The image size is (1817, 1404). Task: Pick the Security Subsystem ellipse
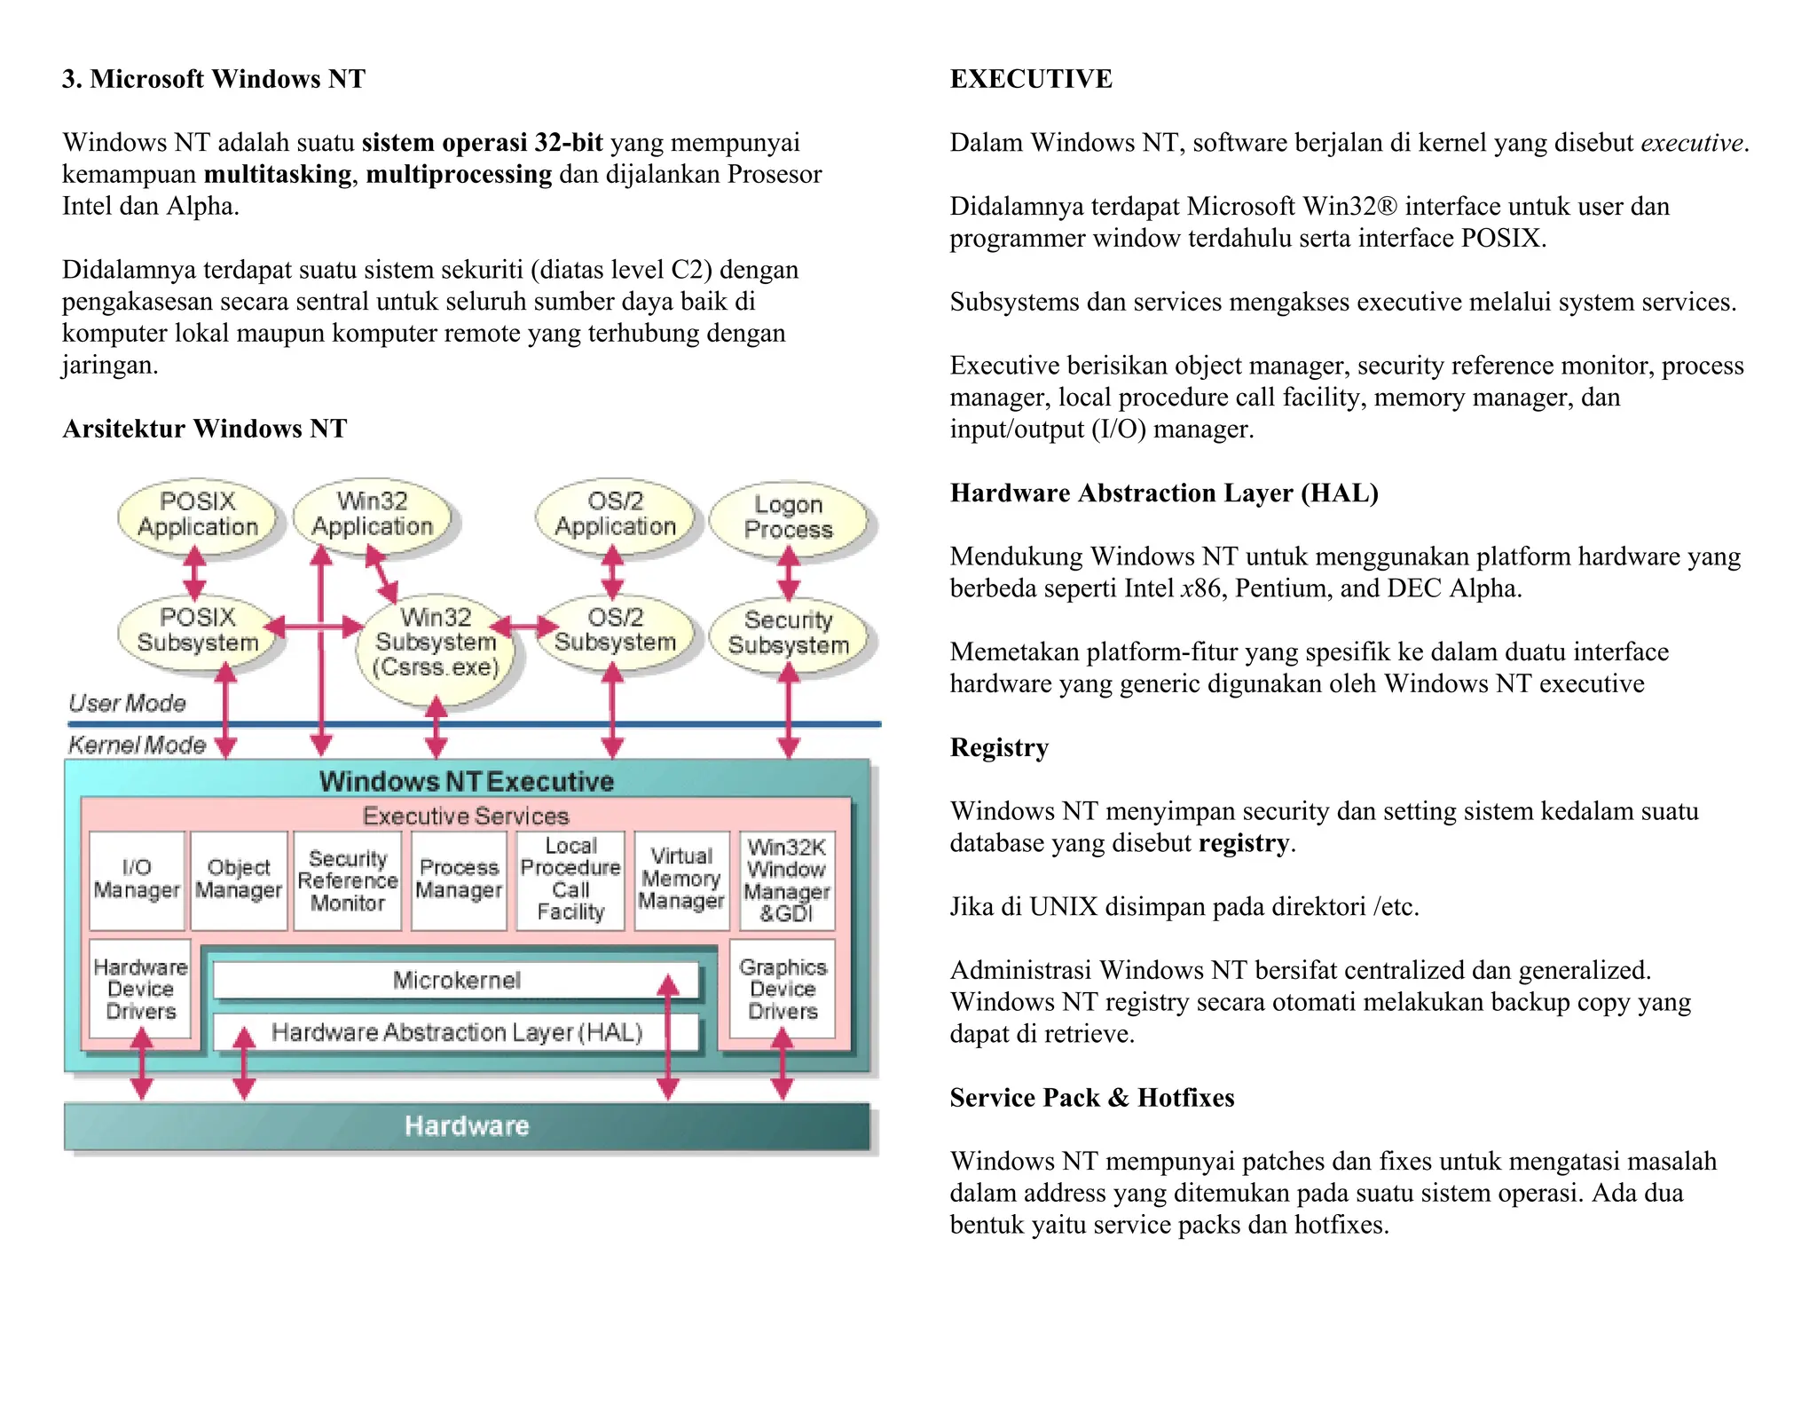788,633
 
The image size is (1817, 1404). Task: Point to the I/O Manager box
137,879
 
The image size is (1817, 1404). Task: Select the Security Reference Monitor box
347,881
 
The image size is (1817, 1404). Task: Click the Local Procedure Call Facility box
570,879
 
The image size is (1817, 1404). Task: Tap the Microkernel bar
456,981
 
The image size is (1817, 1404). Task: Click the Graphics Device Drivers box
782,989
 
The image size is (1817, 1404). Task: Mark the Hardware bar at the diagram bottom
467,1126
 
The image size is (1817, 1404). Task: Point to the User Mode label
127,704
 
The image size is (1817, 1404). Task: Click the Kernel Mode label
137,745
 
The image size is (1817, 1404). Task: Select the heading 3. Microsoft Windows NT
213,79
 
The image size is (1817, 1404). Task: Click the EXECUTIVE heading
1030,79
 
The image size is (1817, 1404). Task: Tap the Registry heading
999,747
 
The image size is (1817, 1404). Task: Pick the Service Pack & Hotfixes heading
1091,1098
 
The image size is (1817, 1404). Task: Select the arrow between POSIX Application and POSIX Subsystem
194,573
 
